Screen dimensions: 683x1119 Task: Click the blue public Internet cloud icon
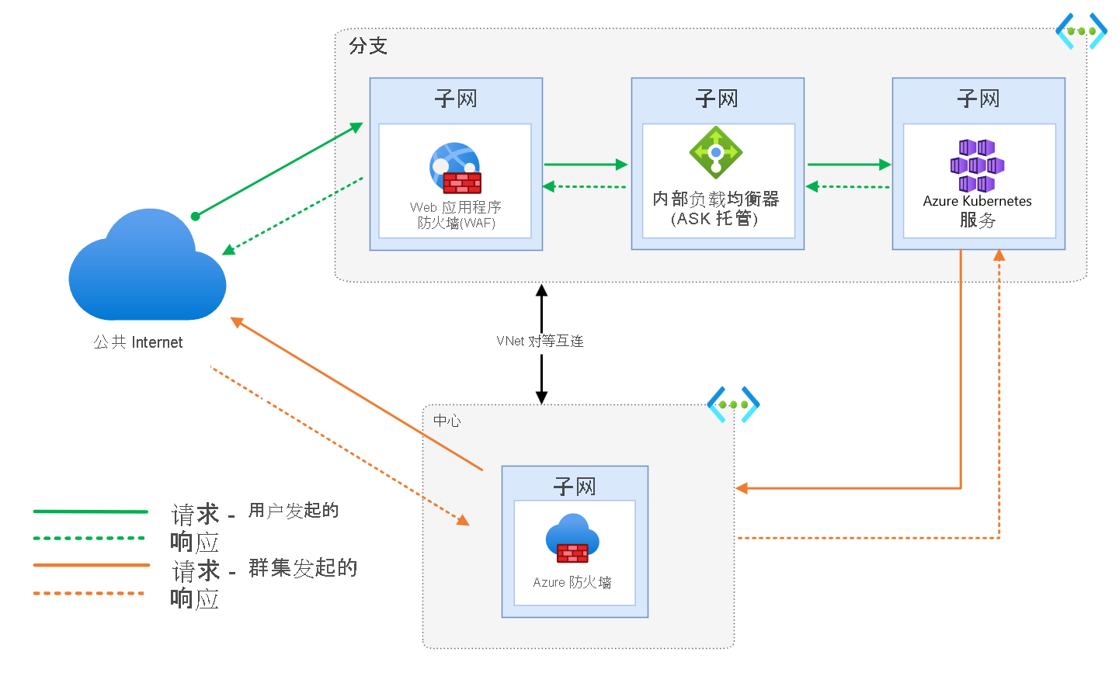tap(148, 268)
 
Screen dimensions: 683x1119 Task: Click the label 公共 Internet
tap(138, 342)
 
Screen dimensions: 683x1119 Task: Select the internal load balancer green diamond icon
tap(716, 152)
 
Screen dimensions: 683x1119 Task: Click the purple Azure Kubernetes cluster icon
tap(977, 165)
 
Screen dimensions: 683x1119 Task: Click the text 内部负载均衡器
tap(715, 199)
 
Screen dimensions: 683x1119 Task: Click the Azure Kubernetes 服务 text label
tap(977, 210)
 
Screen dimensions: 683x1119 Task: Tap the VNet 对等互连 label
tap(540, 341)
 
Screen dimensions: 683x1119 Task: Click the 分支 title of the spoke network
tap(368, 46)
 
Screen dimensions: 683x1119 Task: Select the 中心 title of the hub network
tap(447, 421)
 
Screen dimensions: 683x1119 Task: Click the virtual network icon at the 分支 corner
tap(1081, 31)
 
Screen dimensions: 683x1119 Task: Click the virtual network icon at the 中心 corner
tap(733, 404)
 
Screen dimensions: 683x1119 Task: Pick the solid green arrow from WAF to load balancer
tap(586, 165)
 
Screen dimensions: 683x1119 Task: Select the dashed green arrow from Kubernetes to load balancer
tap(848, 186)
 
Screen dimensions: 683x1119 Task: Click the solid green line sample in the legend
tap(90, 511)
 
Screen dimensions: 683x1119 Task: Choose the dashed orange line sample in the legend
tap(89, 594)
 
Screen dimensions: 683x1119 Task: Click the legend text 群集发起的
tap(303, 568)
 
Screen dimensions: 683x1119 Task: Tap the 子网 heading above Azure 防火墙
tap(574, 487)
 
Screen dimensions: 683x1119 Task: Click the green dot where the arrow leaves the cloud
tap(196, 216)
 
